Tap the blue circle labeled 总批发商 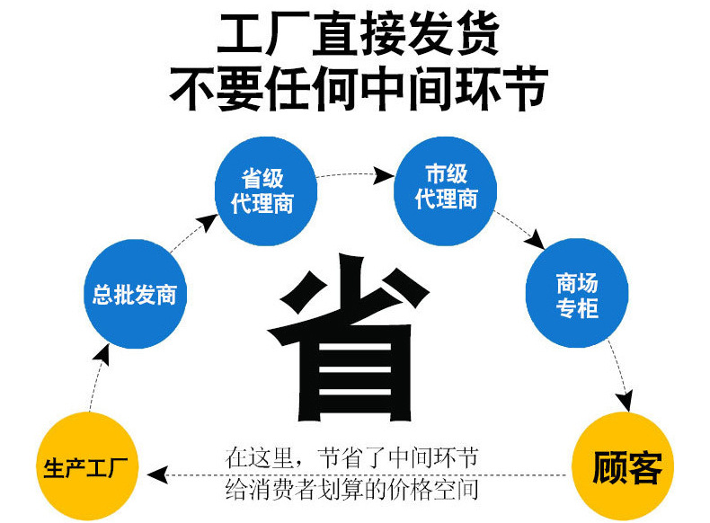click(134, 295)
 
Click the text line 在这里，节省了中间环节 click(351, 457)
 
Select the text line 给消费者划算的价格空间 click(351, 491)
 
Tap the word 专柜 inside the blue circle click(576, 308)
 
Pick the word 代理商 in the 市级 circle click(446, 199)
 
